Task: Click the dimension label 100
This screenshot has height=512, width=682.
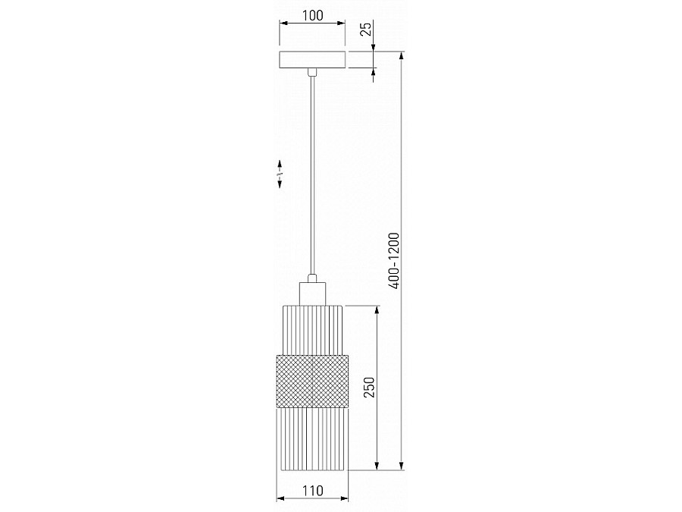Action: pyautogui.click(x=313, y=15)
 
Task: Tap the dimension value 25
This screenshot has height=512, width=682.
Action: pyautogui.click(x=366, y=29)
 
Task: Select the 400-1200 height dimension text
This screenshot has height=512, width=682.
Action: pyautogui.click(x=394, y=261)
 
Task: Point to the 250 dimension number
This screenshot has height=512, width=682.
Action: pyautogui.click(x=368, y=387)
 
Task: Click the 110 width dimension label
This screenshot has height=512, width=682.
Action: pyautogui.click(x=313, y=491)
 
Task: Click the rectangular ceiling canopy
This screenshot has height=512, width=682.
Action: pyautogui.click(x=312, y=60)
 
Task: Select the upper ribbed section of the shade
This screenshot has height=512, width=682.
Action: pyautogui.click(x=312, y=330)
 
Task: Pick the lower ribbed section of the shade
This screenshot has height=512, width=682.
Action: pyautogui.click(x=312, y=438)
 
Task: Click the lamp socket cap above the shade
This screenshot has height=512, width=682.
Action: pyautogui.click(x=312, y=294)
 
